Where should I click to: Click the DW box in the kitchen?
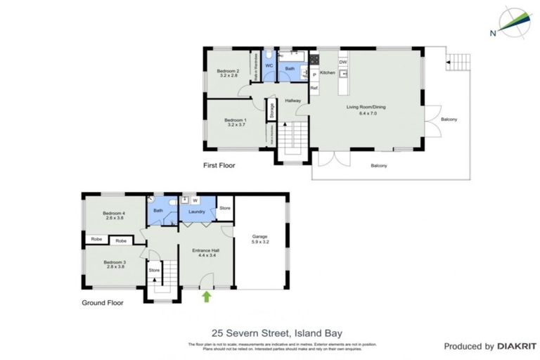(x=343, y=63)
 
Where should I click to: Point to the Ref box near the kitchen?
(x=314, y=88)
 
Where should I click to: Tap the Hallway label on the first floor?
(x=293, y=101)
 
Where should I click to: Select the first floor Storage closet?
(x=271, y=110)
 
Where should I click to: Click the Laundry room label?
(x=196, y=211)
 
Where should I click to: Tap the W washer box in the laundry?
(x=195, y=199)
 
